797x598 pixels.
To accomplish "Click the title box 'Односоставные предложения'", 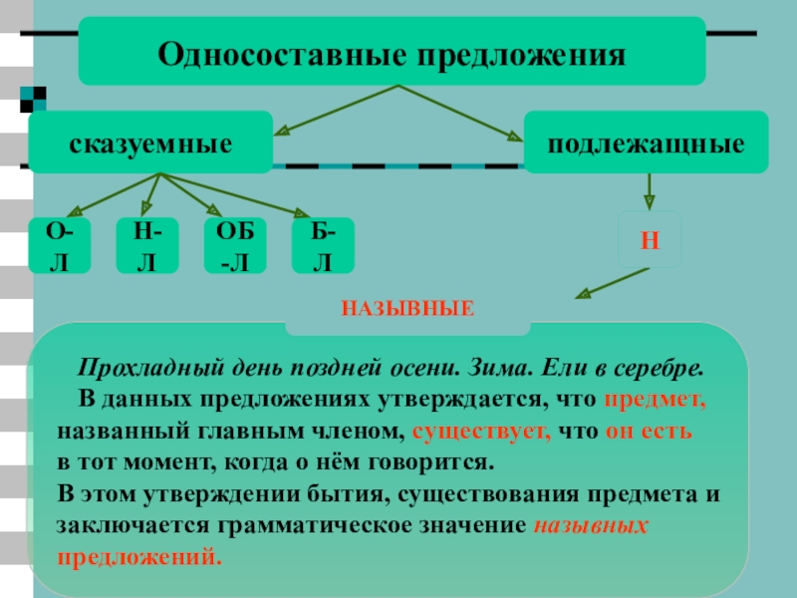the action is pyautogui.click(x=392, y=52).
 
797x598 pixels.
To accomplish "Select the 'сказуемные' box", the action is pyautogui.click(x=150, y=144).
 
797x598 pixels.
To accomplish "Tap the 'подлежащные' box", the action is pyautogui.click(x=647, y=144).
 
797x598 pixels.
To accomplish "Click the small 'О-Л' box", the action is pyautogui.click(x=60, y=246).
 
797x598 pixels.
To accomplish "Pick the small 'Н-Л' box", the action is pyautogui.click(x=147, y=246).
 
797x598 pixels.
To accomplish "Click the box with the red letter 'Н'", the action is pyautogui.click(x=648, y=240).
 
